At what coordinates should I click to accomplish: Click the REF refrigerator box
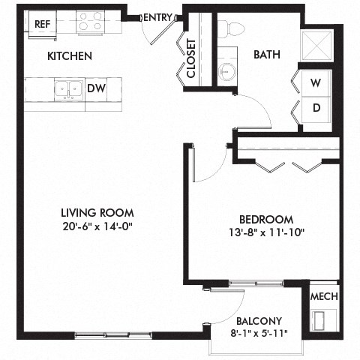(42, 23)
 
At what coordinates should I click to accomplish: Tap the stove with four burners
(91, 22)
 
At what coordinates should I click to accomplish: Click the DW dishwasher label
(96, 88)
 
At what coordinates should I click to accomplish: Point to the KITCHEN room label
(69, 56)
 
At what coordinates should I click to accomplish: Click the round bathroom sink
(226, 71)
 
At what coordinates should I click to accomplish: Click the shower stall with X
(316, 44)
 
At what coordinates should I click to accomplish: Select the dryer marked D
(316, 107)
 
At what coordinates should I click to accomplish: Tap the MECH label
(323, 296)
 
